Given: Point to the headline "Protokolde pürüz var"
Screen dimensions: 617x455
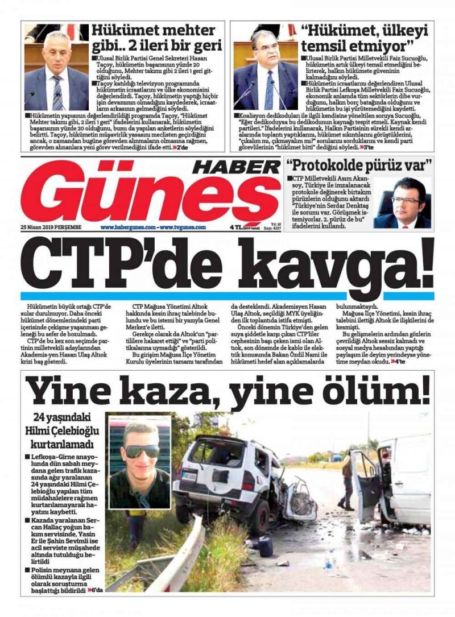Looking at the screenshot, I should (x=359, y=166).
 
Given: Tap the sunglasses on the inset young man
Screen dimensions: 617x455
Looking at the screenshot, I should (x=142, y=451).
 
